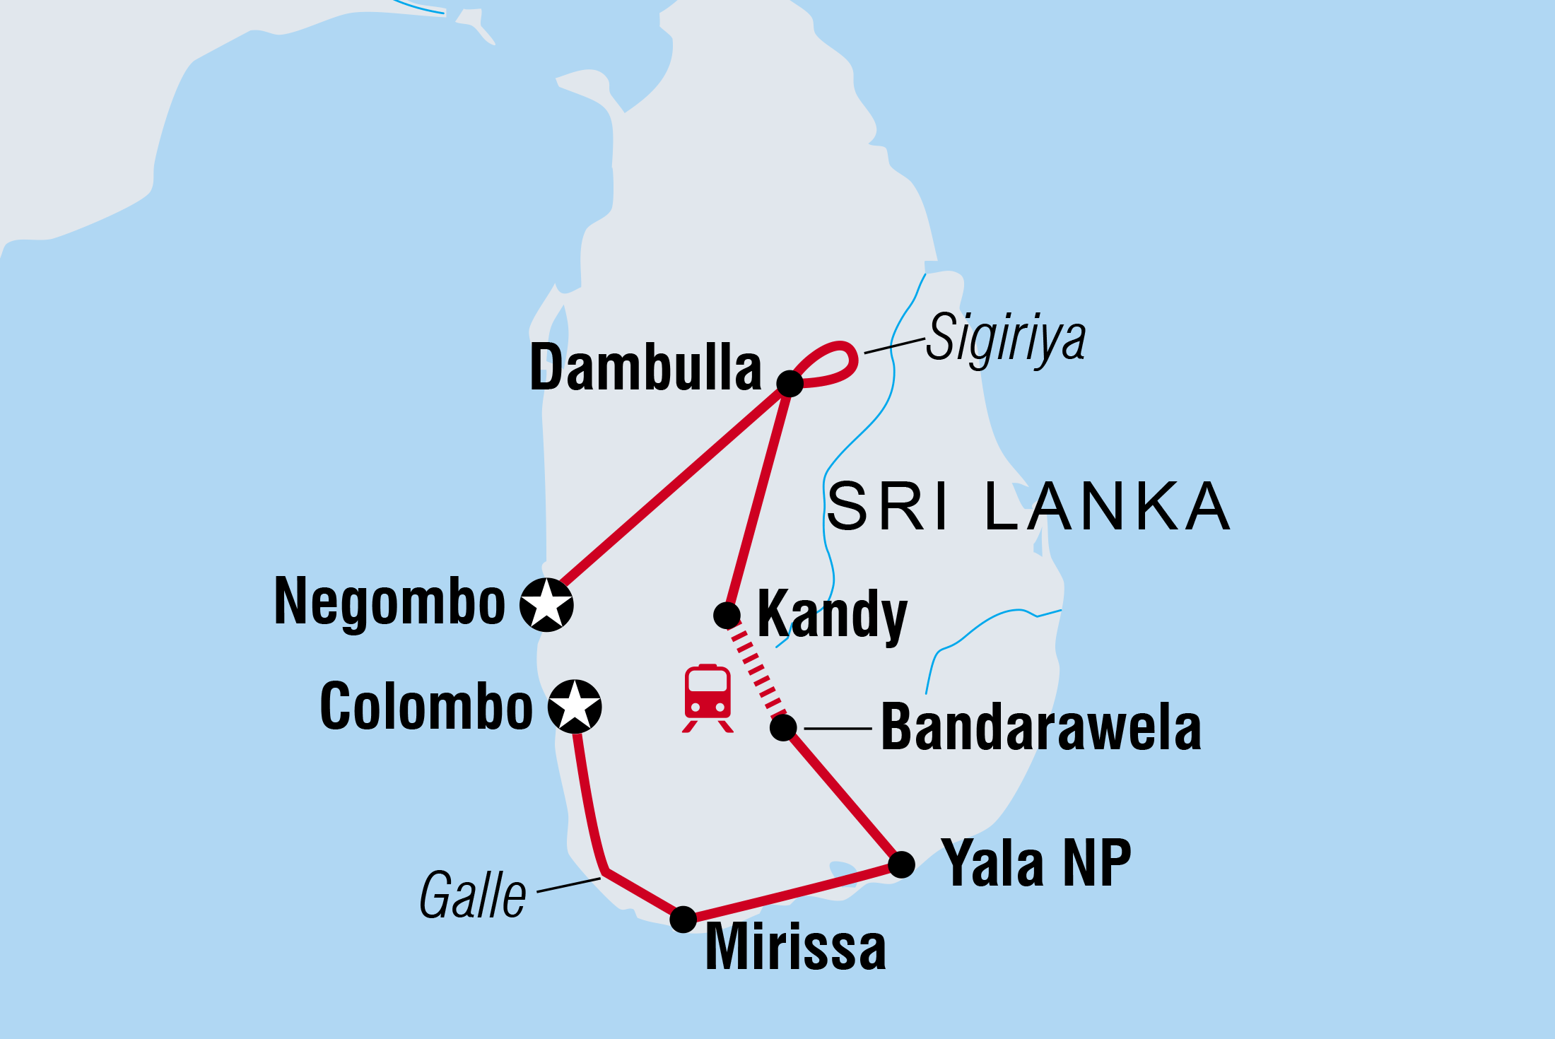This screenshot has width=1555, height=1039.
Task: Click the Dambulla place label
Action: coord(645,368)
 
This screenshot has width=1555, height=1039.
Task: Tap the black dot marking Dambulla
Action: coord(790,383)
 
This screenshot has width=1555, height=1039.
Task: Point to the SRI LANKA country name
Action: coord(1028,507)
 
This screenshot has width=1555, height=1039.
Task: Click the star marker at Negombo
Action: coord(546,604)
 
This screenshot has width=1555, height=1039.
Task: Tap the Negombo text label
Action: coord(389,602)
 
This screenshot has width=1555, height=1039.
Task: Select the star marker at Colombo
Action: coord(575,705)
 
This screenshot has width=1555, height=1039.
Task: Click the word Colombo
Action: coord(426,706)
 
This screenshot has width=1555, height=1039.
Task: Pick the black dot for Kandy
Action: coord(727,615)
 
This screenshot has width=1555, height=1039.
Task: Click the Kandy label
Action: coord(832,615)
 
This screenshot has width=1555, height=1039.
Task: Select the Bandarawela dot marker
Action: coord(783,727)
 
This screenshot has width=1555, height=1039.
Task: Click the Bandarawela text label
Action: coord(1040,728)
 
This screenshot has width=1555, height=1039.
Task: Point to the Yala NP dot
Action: coord(901,864)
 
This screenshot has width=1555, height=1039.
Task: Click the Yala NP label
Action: coord(1036,863)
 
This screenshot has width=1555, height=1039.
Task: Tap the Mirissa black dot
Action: coord(683,919)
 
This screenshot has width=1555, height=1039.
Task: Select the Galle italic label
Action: coord(472,896)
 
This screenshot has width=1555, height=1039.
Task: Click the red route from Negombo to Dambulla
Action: coord(671,488)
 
